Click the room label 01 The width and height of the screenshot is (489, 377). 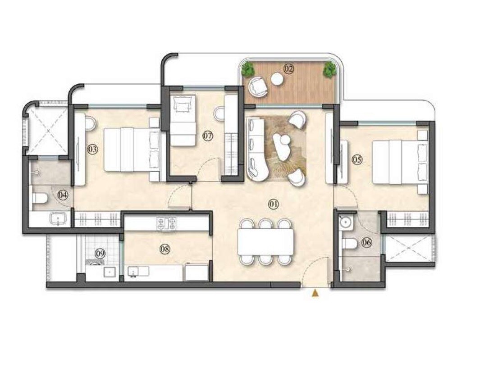[x=274, y=204]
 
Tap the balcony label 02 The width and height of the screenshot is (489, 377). [x=288, y=69]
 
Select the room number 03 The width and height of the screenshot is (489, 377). [x=92, y=150]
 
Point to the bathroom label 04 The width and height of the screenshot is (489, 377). [x=63, y=195]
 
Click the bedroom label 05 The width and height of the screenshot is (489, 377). [x=357, y=159]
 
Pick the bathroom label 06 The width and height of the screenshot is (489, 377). [x=367, y=243]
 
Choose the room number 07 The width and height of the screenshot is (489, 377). [x=207, y=136]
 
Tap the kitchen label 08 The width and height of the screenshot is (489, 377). [x=165, y=249]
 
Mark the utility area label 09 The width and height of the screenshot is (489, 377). [x=100, y=254]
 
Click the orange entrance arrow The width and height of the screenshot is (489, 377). [x=315, y=294]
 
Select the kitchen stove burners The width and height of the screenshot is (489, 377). [x=166, y=224]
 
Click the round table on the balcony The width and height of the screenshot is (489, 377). [x=277, y=80]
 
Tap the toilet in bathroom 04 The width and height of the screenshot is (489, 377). [x=40, y=198]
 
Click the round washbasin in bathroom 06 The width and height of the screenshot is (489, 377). [x=346, y=222]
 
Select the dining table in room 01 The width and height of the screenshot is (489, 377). [x=266, y=242]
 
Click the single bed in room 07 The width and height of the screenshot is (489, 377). [x=183, y=120]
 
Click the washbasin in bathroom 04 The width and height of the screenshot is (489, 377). [x=58, y=220]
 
